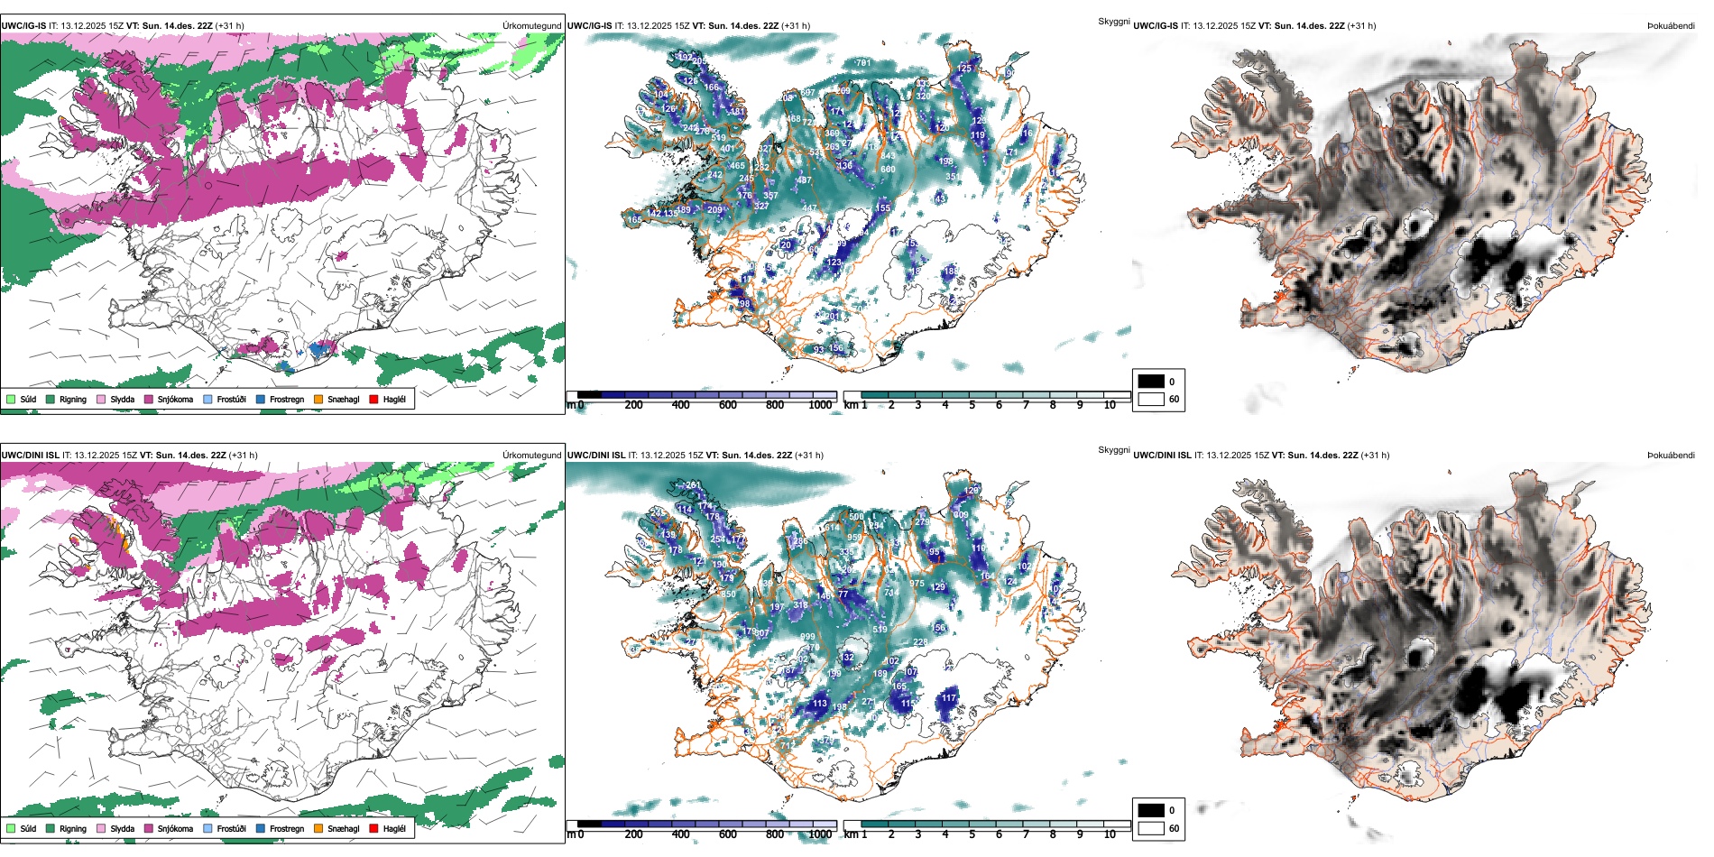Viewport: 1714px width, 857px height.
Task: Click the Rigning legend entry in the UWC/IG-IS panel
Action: pyautogui.click(x=72, y=399)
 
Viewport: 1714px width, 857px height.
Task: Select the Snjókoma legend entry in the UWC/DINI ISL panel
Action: pyautogui.click(x=175, y=828)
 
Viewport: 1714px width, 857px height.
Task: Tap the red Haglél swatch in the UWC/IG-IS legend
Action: pyautogui.click(x=374, y=399)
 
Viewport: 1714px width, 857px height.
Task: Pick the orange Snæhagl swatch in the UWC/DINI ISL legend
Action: pyautogui.click(x=318, y=828)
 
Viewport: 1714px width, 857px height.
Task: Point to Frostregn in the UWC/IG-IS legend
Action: pyautogui.click(x=286, y=399)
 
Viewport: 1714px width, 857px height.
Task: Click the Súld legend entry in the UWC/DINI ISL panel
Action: pyautogui.click(x=28, y=828)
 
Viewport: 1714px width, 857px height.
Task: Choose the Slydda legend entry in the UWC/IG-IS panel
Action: pyautogui.click(x=122, y=399)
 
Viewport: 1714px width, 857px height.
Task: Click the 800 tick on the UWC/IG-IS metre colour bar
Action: pyautogui.click(x=775, y=405)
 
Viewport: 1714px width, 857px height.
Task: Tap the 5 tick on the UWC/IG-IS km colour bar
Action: pyautogui.click(x=972, y=405)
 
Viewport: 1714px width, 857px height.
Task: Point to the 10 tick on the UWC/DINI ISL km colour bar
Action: pyautogui.click(x=1110, y=834)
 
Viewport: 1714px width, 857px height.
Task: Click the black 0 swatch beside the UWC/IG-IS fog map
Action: pyautogui.click(x=1151, y=382)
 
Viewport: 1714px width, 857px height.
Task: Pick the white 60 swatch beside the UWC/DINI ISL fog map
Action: pyautogui.click(x=1151, y=828)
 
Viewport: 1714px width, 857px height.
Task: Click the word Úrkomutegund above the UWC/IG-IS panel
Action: pyautogui.click(x=532, y=26)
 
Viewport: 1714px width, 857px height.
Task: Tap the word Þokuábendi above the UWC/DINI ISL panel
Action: pyautogui.click(x=1671, y=456)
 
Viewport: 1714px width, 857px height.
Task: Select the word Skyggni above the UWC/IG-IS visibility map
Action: pyautogui.click(x=1113, y=21)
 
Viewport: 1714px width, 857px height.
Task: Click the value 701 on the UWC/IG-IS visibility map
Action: pyautogui.click(x=863, y=63)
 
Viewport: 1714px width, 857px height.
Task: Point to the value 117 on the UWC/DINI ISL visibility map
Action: pyautogui.click(x=949, y=697)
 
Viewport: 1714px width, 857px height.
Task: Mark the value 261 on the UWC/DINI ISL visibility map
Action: pyautogui.click(x=693, y=485)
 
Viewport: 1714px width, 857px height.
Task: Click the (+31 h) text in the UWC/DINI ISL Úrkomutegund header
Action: pyautogui.click(x=244, y=456)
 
